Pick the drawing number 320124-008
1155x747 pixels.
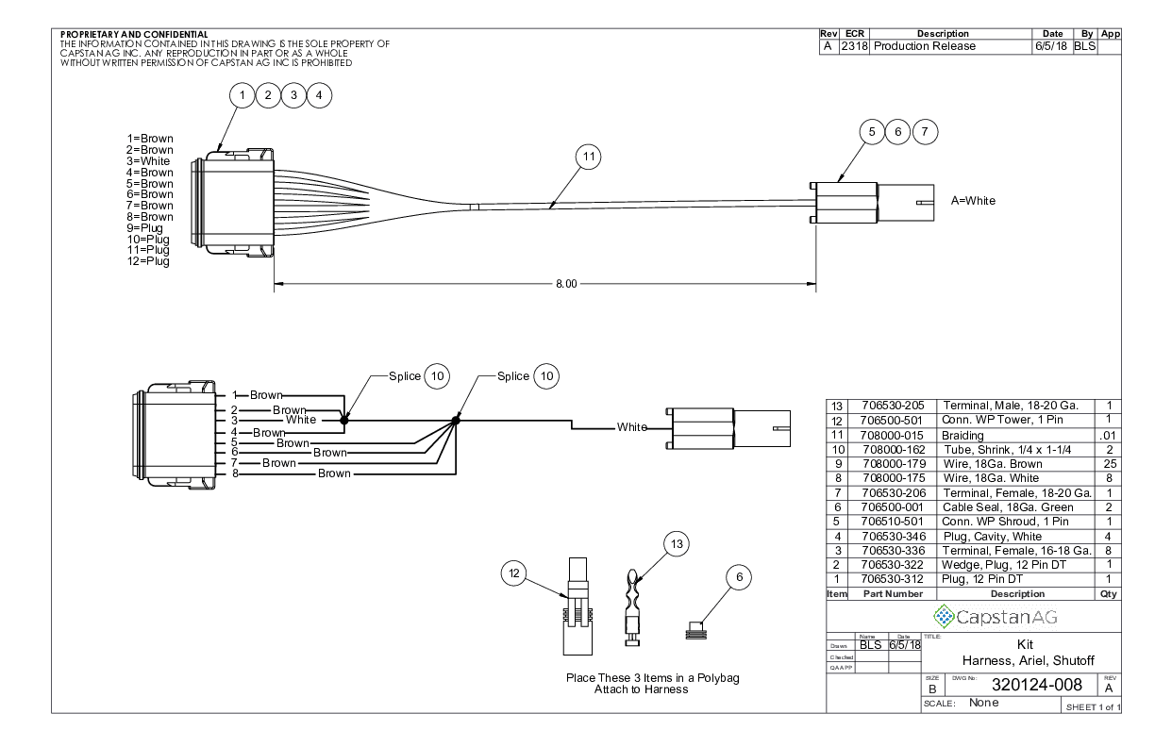1014,685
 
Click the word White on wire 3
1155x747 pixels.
301,420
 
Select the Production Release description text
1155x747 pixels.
925,46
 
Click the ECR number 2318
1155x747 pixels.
856,46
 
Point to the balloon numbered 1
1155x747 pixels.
243,94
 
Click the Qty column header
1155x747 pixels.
1108,594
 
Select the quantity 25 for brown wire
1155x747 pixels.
1108,464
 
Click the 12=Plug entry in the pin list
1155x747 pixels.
149,261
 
